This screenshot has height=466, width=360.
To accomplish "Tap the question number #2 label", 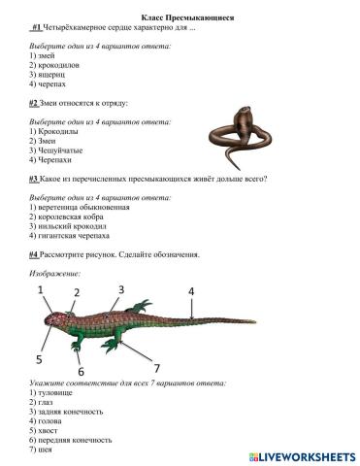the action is [x=33, y=102].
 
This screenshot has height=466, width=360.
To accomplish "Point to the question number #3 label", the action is [x=33, y=179].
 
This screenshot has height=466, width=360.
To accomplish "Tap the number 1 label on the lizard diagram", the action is [x=40, y=290].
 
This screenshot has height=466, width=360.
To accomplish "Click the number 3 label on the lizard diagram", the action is [x=121, y=289].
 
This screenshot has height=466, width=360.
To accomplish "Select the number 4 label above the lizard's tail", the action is [x=190, y=291].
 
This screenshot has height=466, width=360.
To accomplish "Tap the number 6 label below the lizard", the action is [x=81, y=371].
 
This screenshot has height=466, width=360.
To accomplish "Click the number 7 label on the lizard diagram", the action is [x=156, y=367].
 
